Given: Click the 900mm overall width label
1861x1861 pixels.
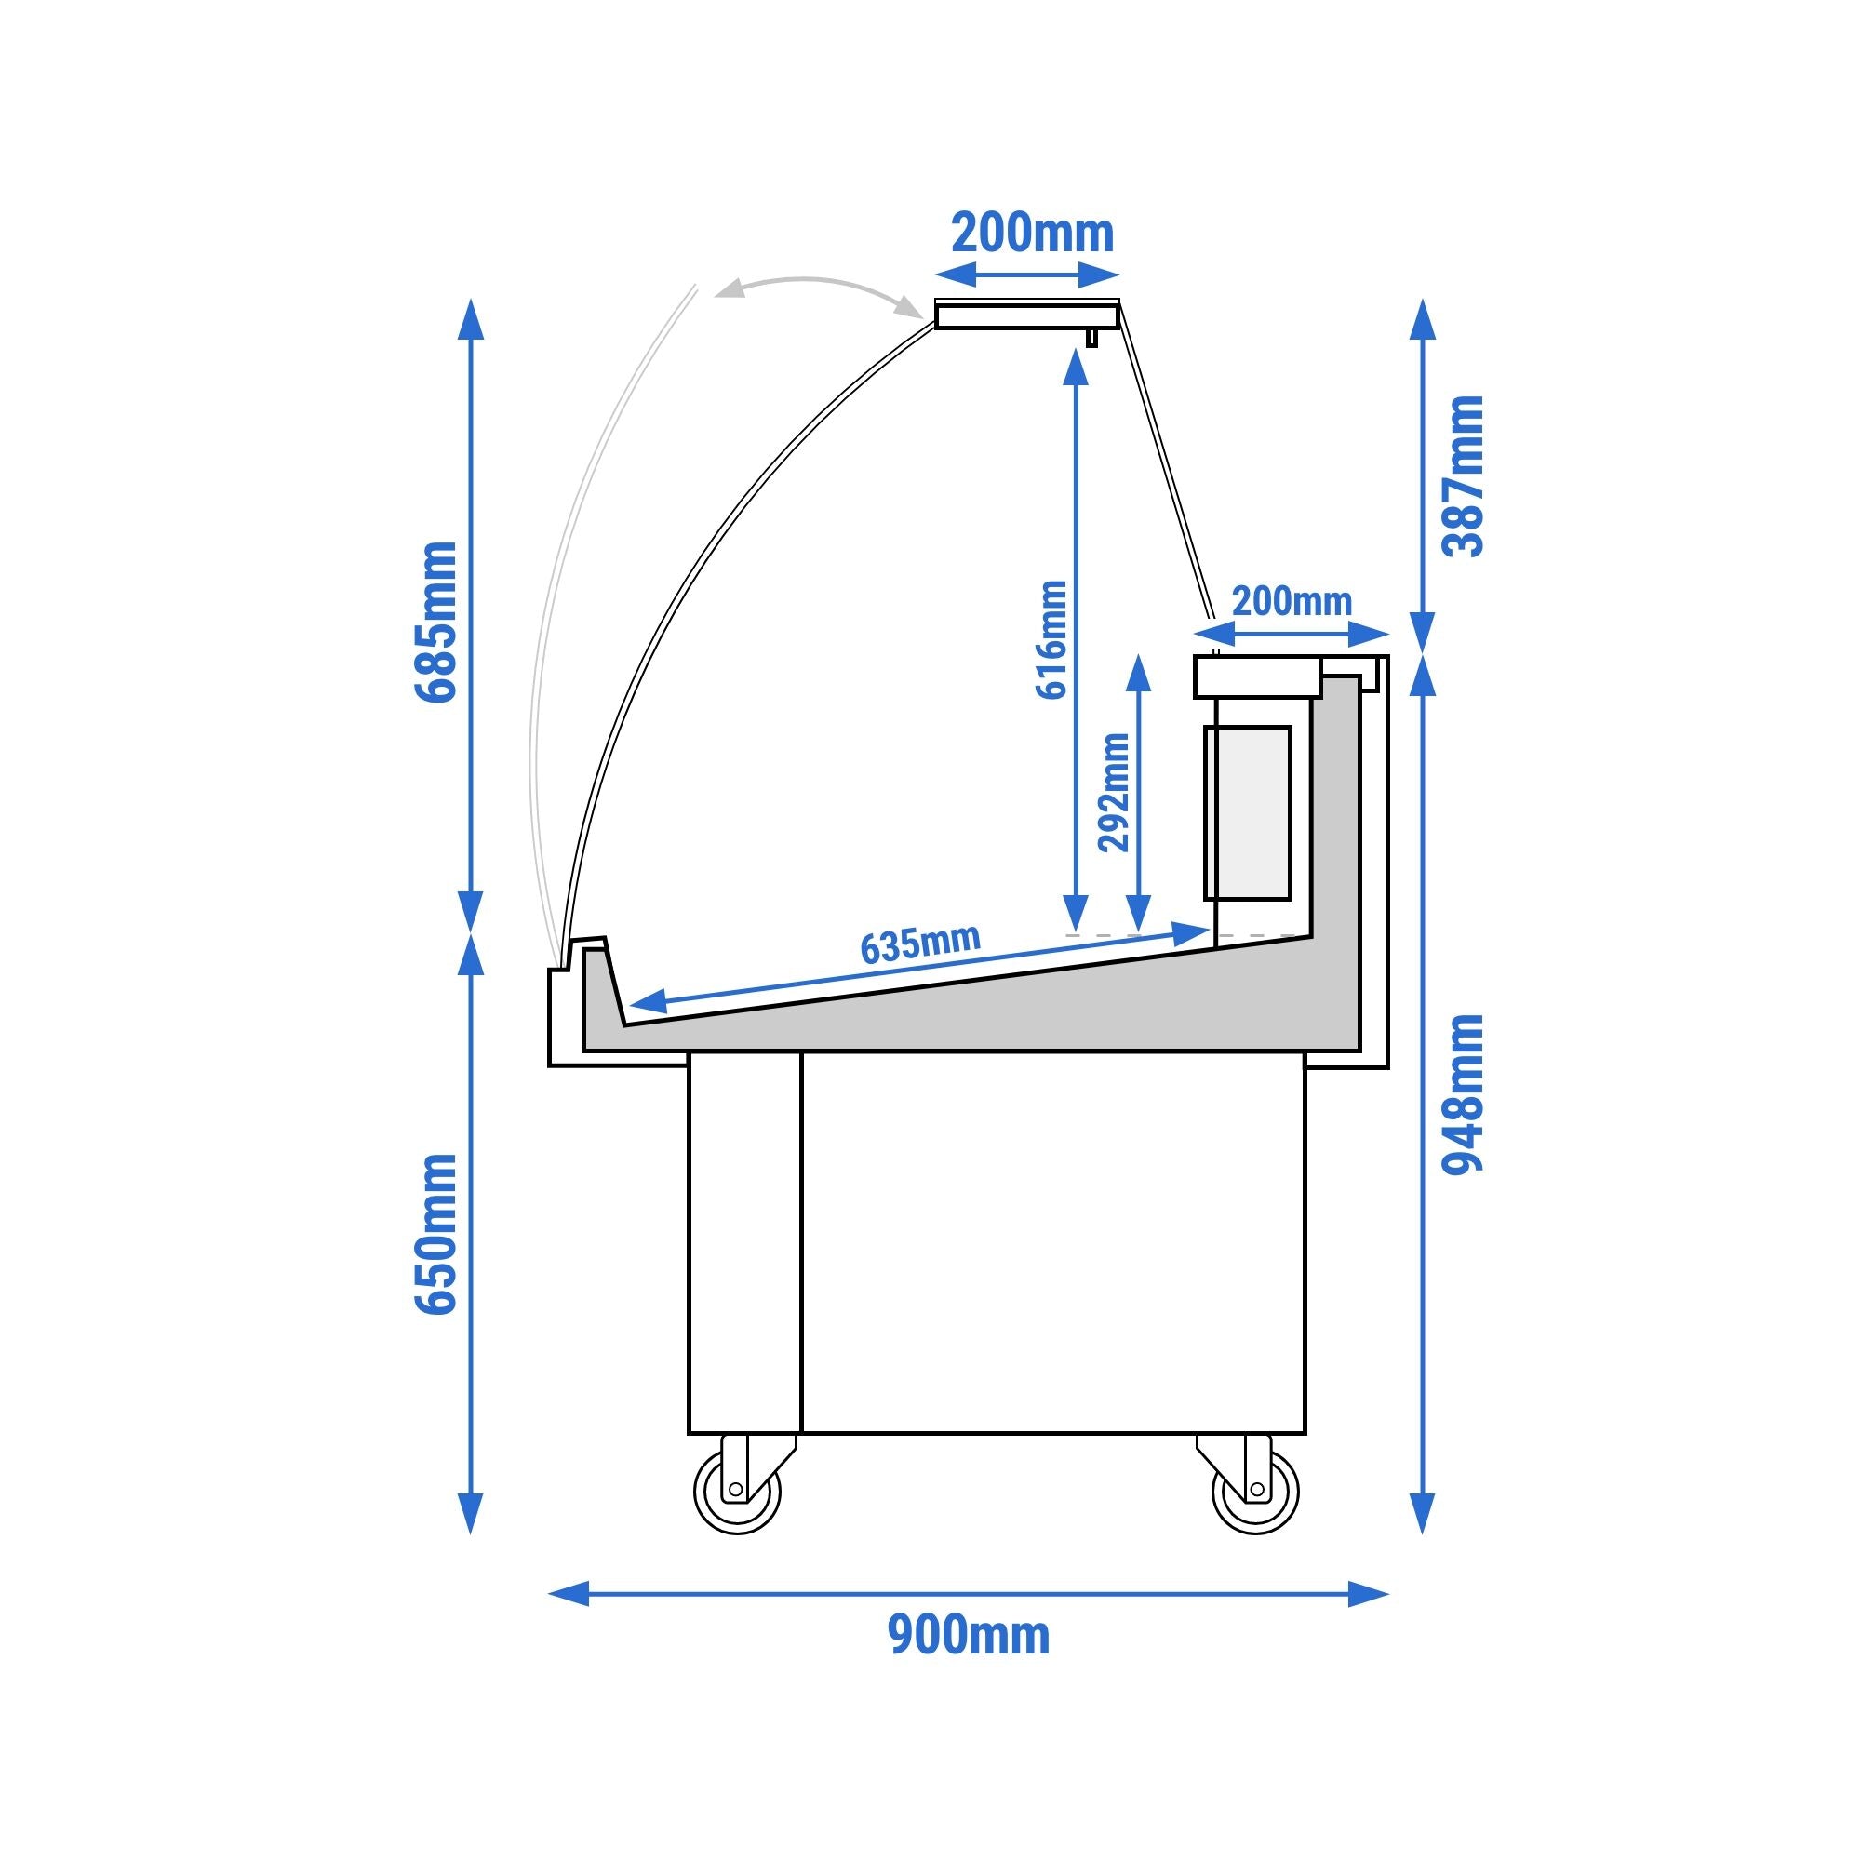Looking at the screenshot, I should pyautogui.click(x=968, y=1637).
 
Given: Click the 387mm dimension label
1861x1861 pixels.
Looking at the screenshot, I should pyautogui.click(x=1462, y=475).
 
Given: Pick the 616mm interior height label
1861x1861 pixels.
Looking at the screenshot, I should pyautogui.click(x=1051, y=639).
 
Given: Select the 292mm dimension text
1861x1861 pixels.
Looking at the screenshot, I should pyautogui.click(x=1115, y=793).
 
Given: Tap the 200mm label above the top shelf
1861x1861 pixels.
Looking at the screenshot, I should pyautogui.click(x=1032, y=234).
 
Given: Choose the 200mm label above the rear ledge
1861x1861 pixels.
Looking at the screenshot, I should pyautogui.click(x=1292, y=602).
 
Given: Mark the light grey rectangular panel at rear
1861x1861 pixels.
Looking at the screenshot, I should pyautogui.click(x=1248, y=813).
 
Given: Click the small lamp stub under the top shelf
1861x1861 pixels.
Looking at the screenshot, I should pyautogui.click(x=1091, y=337).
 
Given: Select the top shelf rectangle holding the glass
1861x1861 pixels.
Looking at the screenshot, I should pyautogui.click(x=1025, y=314).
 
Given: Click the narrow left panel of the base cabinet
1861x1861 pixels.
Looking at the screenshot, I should pyautogui.click(x=744, y=1242).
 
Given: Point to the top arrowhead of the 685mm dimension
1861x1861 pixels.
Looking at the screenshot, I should pyautogui.click(x=470, y=319).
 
